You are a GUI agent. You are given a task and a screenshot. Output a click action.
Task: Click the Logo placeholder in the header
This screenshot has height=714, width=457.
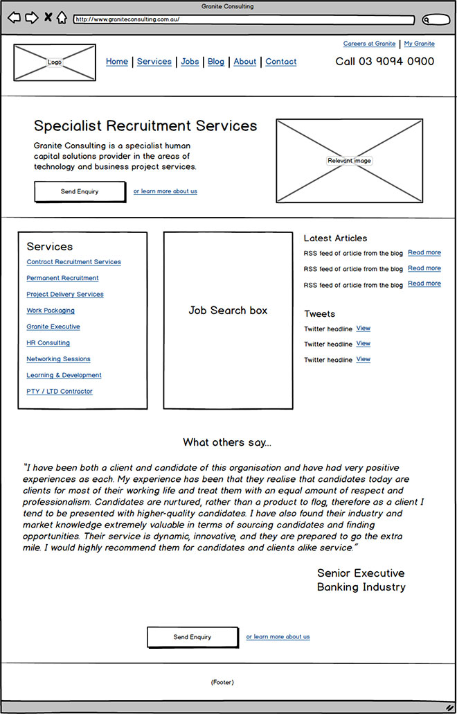tap(55, 62)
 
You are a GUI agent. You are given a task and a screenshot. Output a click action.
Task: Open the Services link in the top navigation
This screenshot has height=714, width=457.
tap(154, 62)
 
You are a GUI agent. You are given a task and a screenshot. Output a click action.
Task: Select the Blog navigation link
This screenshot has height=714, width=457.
tap(216, 62)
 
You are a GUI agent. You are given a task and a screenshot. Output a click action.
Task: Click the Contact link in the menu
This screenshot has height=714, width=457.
tap(281, 62)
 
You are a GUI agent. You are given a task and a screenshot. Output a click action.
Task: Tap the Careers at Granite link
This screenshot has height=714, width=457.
tap(369, 44)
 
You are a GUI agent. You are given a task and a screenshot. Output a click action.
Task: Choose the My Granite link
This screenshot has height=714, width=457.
tap(420, 44)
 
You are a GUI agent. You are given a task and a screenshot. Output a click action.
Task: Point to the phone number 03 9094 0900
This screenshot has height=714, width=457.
tap(385, 62)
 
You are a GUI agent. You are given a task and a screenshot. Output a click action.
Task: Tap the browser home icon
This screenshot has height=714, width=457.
tap(62, 17)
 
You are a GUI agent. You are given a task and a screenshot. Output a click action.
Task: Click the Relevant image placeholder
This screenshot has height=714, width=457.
tap(350, 161)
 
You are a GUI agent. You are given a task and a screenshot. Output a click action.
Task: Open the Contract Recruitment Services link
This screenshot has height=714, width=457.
tap(73, 262)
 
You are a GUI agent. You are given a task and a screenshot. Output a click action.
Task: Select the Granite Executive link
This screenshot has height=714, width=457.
tap(53, 326)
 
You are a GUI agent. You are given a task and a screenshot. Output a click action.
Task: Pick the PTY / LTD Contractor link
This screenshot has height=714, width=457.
tap(60, 392)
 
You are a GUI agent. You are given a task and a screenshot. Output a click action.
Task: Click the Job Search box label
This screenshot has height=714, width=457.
tap(228, 311)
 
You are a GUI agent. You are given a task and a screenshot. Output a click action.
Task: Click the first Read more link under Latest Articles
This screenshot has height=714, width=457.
tap(424, 253)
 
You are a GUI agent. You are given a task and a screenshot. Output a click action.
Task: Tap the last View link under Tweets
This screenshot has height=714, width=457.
tap(364, 360)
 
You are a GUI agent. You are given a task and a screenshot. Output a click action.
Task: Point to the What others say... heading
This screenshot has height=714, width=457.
tap(227, 442)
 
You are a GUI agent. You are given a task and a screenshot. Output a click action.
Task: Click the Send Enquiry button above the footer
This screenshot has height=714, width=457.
tap(192, 637)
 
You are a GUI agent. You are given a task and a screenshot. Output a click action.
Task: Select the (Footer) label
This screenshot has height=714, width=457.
tap(222, 683)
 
